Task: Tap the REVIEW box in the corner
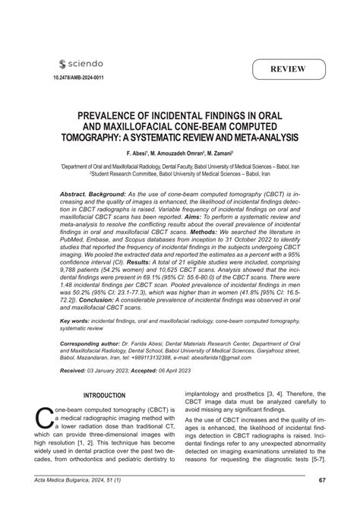(x=286, y=70)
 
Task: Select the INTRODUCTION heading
(x=103, y=417)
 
